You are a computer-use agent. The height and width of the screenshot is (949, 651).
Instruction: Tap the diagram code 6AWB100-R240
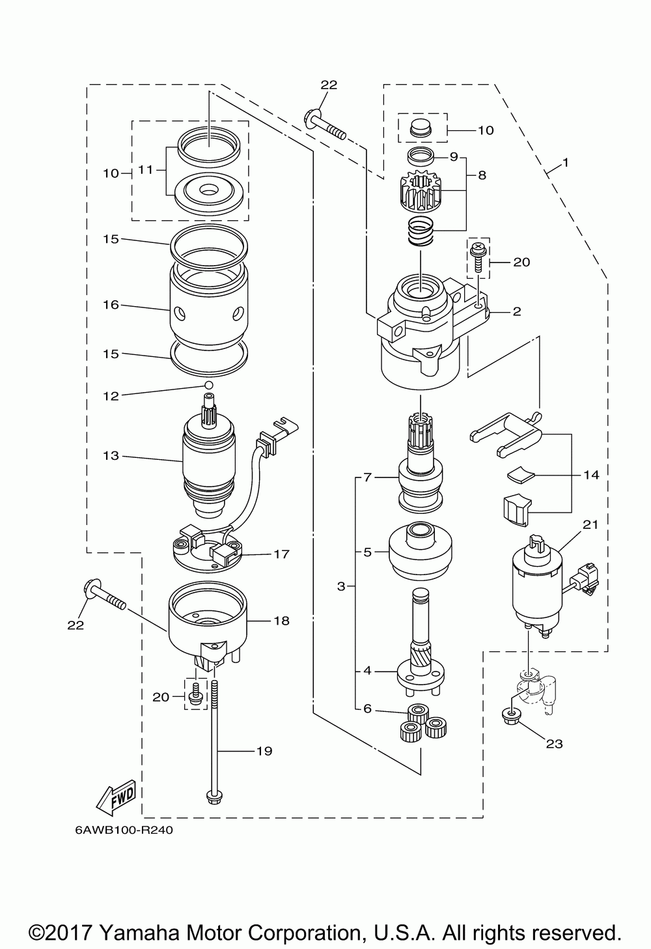click(x=124, y=830)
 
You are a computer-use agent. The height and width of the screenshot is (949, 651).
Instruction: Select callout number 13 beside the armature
click(x=111, y=456)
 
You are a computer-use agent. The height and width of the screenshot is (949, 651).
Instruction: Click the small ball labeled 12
click(x=208, y=385)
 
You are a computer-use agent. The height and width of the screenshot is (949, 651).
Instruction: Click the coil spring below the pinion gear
click(x=421, y=231)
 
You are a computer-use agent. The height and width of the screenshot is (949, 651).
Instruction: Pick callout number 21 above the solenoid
click(x=590, y=524)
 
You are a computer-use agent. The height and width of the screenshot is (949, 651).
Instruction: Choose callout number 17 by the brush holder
click(x=281, y=554)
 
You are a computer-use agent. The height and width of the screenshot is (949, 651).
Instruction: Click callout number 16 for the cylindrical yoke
click(x=111, y=305)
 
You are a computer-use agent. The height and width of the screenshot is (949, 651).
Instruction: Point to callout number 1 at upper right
click(x=565, y=163)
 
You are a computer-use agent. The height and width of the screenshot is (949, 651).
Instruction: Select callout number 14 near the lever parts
click(x=591, y=475)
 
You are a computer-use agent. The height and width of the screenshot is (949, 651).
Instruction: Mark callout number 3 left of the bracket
click(x=341, y=586)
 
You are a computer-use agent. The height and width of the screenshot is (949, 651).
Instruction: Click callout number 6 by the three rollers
click(x=367, y=709)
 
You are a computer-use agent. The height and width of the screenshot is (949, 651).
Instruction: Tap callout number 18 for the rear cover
click(x=281, y=621)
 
